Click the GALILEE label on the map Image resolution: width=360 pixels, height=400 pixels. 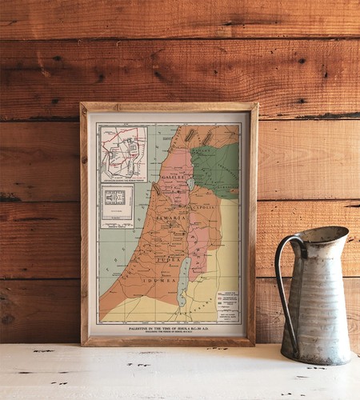click(x=173, y=176)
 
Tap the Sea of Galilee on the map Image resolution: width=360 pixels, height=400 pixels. click(x=190, y=184)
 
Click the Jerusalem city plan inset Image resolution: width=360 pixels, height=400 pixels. click(x=122, y=152)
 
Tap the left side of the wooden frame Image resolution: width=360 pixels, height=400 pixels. click(x=84, y=224)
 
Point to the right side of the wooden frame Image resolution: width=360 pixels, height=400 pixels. click(x=254, y=224)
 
